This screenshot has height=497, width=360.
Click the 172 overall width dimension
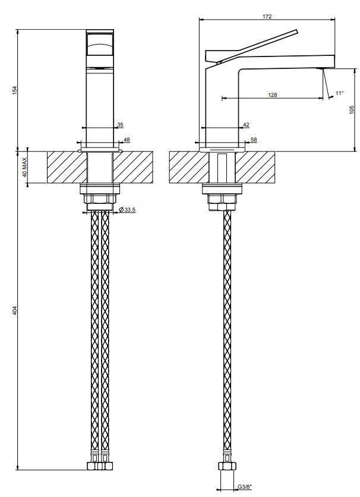pyautogui.click(x=267, y=16)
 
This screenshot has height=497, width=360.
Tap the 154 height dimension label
pyautogui.click(x=14, y=90)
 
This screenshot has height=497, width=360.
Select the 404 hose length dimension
pyautogui.click(x=14, y=310)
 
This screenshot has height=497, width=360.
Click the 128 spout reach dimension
pyautogui.click(x=272, y=95)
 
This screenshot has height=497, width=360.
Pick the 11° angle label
pyautogui.click(x=340, y=93)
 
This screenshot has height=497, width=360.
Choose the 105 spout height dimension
pyautogui.click(x=352, y=109)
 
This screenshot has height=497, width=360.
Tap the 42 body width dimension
pyautogui.click(x=247, y=125)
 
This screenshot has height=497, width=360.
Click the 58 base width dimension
pyautogui.click(x=254, y=140)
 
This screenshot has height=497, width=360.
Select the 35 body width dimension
pyautogui.click(x=120, y=125)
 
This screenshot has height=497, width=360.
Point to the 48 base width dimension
pyautogui.click(x=127, y=140)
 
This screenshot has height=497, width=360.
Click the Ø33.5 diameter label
pyautogui.click(x=127, y=209)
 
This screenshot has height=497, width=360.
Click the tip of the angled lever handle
pyautogui.click(x=297, y=31)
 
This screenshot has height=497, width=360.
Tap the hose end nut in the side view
pyautogui.click(x=227, y=466)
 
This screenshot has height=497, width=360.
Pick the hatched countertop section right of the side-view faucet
pyautogui.click(x=255, y=168)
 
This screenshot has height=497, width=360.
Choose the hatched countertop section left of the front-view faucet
pyautogui.click(x=67, y=168)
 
